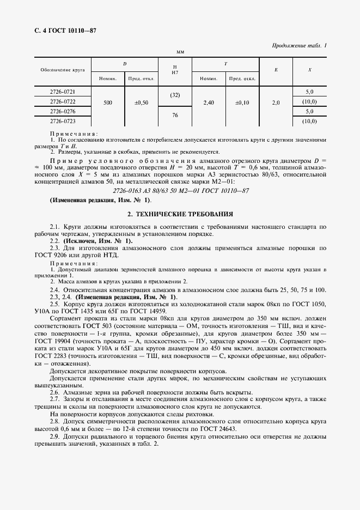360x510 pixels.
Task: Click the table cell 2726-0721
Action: pyautogui.click(x=63, y=92)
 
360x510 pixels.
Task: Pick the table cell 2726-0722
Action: pyautogui.click(x=63, y=101)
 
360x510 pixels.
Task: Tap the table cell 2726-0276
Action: pyautogui.click(x=63, y=111)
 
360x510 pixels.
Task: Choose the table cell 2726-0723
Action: pyautogui.click(x=63, y=120)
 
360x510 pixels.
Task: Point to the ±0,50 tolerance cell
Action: pyautogui.click(x=141, y=102)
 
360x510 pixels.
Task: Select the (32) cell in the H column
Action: pyautogui.click(x=175, y=96)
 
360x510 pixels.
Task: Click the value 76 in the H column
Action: pyautogui.click(x=175, y=116)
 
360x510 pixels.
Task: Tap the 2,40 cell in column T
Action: pyautogui.click(x=209, y=102)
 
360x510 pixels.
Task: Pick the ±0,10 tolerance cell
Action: pyautogui.click(x=242, y=102)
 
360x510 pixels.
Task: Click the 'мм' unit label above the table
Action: pyautogui.click(x=180, y=52)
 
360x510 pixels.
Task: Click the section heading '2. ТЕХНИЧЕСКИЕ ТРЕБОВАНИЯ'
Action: pyautogui.click(x=180, y=214)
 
